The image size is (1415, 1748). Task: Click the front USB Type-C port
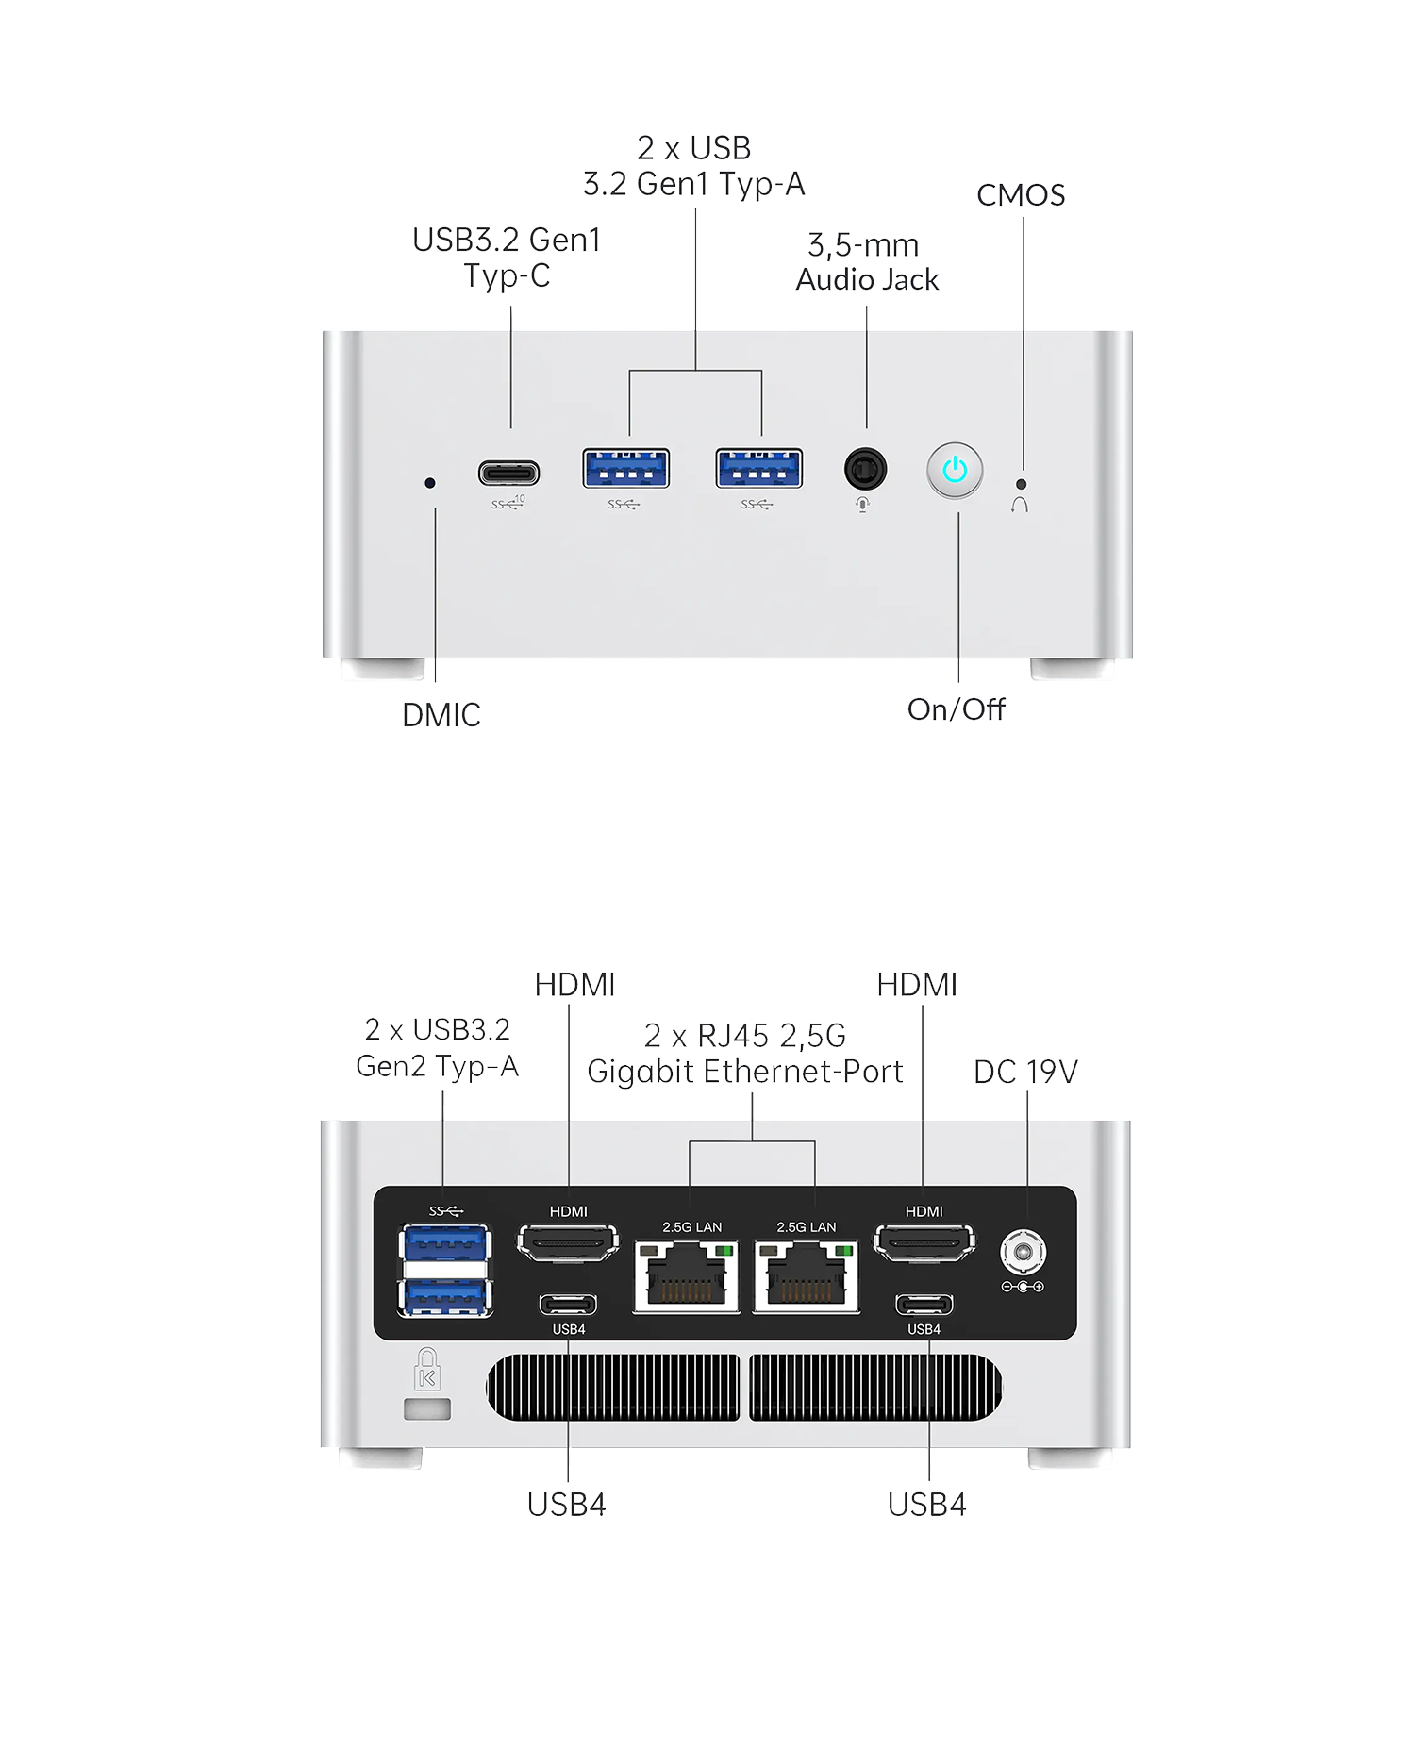click(508, 472)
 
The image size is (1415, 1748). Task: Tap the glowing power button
click(955, 469)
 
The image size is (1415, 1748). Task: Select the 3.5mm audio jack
click(865, 468)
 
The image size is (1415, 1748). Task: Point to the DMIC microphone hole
click(430, 483)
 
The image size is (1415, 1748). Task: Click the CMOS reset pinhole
click(1021, 484)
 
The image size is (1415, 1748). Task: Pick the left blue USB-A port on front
click(626, 468)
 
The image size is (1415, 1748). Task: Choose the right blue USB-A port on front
click(759, 468)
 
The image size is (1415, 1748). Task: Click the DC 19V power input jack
click(1023, 1253)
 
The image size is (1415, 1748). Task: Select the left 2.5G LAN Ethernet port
click(687, 1276)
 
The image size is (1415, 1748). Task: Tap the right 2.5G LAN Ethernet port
click(807, 1276)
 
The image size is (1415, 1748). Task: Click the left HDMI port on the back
click(568, 1242)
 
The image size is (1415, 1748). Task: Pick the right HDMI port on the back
click(924, 1242)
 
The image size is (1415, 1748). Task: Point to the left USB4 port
click(568, 1305)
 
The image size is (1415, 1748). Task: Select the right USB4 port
click(924, 1305)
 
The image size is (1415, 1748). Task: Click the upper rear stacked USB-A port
click(446, 1243)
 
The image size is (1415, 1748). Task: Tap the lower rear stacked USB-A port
click(446, 1297)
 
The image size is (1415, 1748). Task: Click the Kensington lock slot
click(427, 1409)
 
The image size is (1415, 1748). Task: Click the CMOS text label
click(1021, 195)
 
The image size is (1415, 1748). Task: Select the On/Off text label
click(956, 709)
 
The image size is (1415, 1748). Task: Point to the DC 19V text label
click(1025, 1072)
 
